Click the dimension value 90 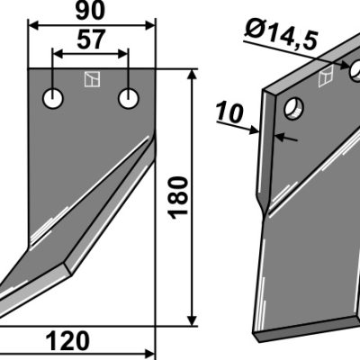(x=90, y=11)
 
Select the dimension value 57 (x=92, y=40)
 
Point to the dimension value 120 (x=67, y=341)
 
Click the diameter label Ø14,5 (x=281, y=36)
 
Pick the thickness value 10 (x=229, y=113)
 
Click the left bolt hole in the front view (x=53, y=98)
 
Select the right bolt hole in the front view (x=129, y=98)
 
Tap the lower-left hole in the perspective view (x=293, y=108)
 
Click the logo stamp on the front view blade (x=92, y=79)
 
